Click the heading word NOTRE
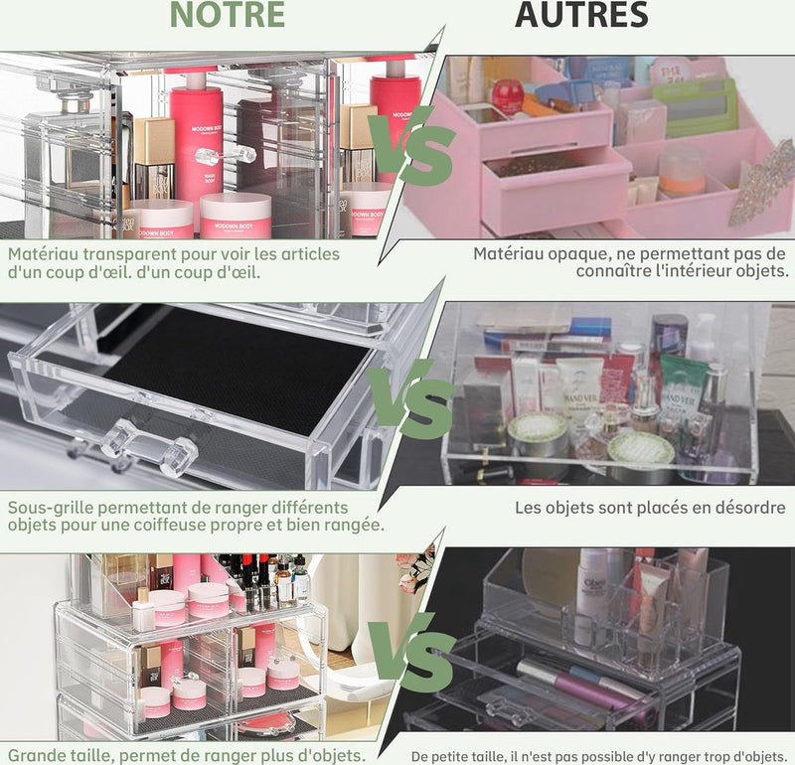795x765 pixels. pos(228,16)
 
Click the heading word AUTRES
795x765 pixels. pos(581,16)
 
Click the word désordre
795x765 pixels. pos(741,508)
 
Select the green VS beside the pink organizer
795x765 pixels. pos(409,149)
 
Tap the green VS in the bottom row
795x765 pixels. pos(407,651)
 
